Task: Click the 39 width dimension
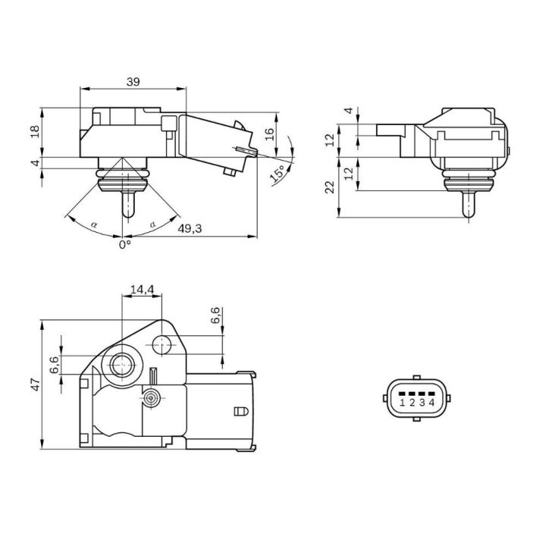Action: (x=133, y=82)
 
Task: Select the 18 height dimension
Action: (x=35, y=131)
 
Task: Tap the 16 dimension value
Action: (x=269, y=134)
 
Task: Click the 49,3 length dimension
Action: (x=190, y=228)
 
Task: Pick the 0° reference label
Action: (x=125, y=245)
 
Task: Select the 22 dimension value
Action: (x=329, y=187)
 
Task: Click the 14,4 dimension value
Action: (x=142, y=290)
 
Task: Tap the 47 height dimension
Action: (x=36, y=384)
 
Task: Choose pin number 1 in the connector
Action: (x=402, y=403)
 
